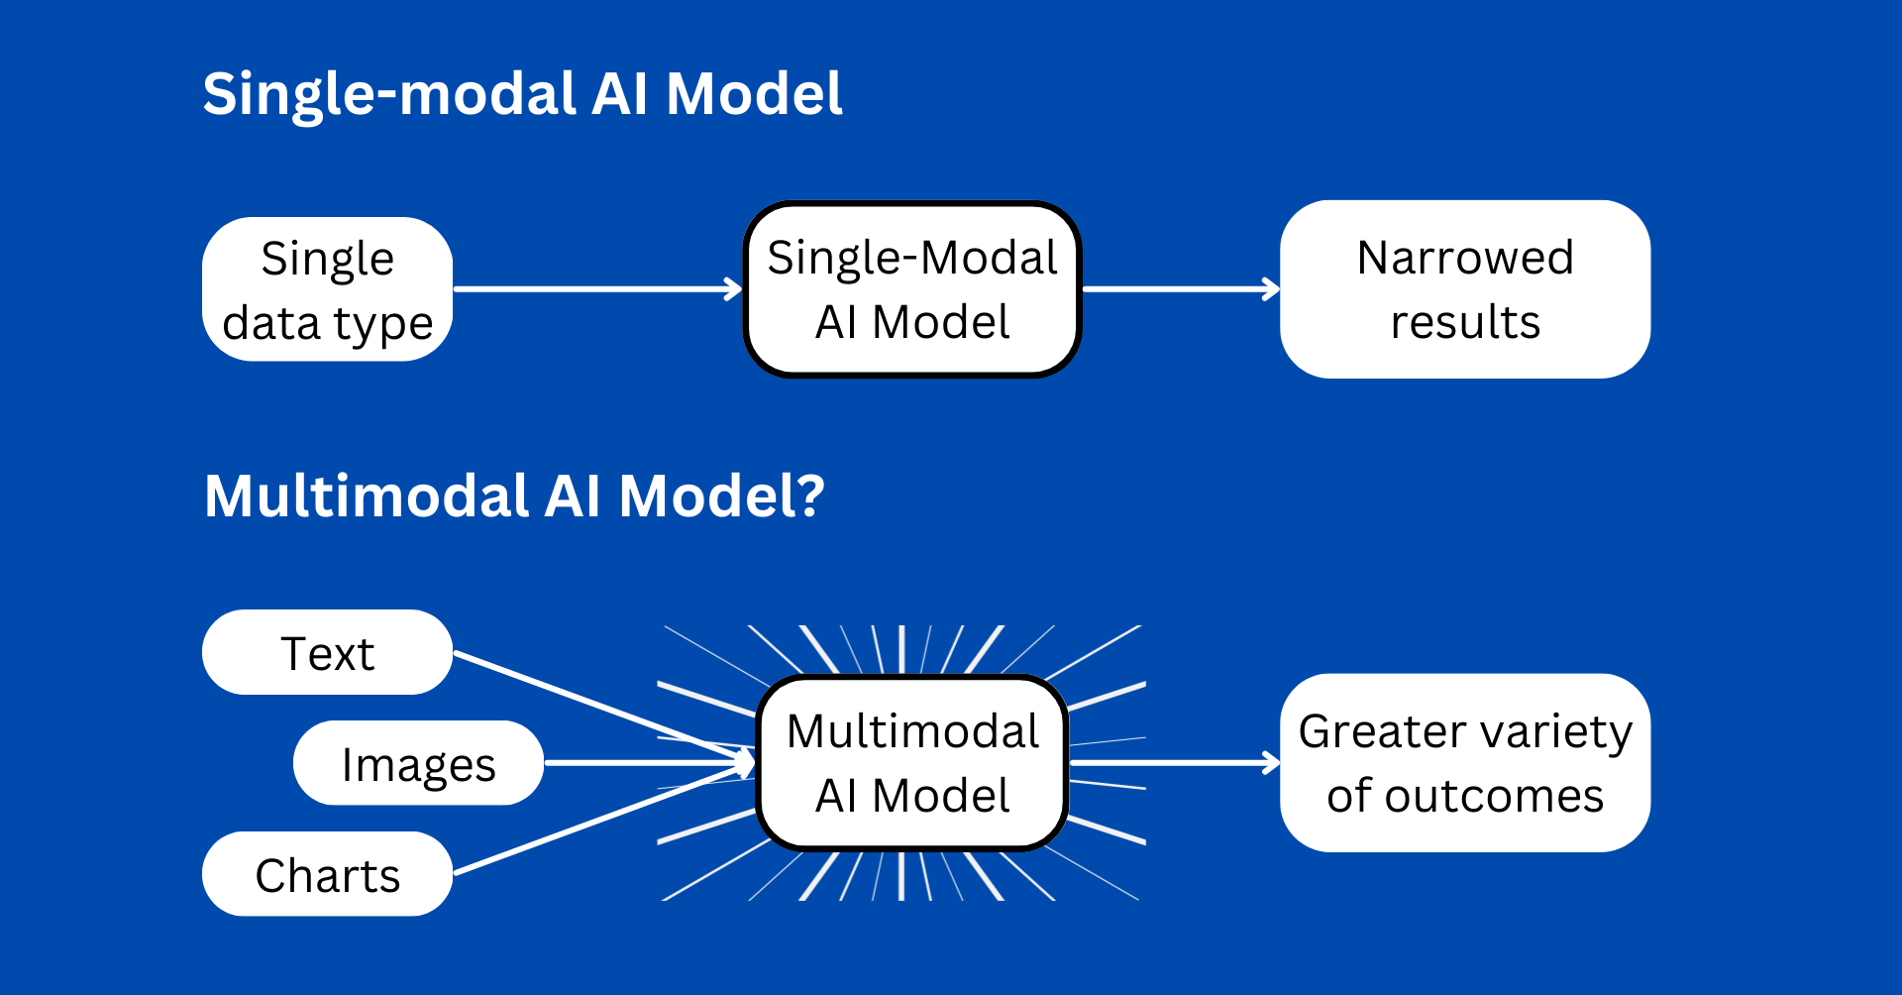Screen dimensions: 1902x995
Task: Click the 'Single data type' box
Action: tap(327, 289)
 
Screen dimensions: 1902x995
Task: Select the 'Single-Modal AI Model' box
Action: tap(912, 289)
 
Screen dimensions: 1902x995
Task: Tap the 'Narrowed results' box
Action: tap(1465, 289)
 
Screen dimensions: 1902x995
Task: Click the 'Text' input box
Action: tap(327, 652)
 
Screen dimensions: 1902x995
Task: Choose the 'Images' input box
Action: tap(418, 763)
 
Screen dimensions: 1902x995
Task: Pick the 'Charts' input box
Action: tap(327, 874)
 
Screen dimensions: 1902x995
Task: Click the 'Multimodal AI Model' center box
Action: tap(912, 763)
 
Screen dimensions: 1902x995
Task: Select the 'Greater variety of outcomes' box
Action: tap(1465, 763)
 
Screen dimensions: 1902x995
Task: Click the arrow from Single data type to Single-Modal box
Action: tap(597, 289)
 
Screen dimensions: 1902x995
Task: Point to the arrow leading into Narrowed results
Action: tap(1181, 289)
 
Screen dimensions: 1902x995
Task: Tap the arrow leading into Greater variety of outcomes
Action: tap(1175, 763)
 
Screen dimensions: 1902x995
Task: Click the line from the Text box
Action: tap(603, 708)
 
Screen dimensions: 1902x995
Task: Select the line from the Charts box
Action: tap(603, 819)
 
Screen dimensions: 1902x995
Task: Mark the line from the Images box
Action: tap(650, 763)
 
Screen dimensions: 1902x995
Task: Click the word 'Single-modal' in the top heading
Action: tap(389, 94)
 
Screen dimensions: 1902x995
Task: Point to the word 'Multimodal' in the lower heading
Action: tap(366, 496)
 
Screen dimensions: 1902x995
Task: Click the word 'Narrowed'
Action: tap(1465, 258)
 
